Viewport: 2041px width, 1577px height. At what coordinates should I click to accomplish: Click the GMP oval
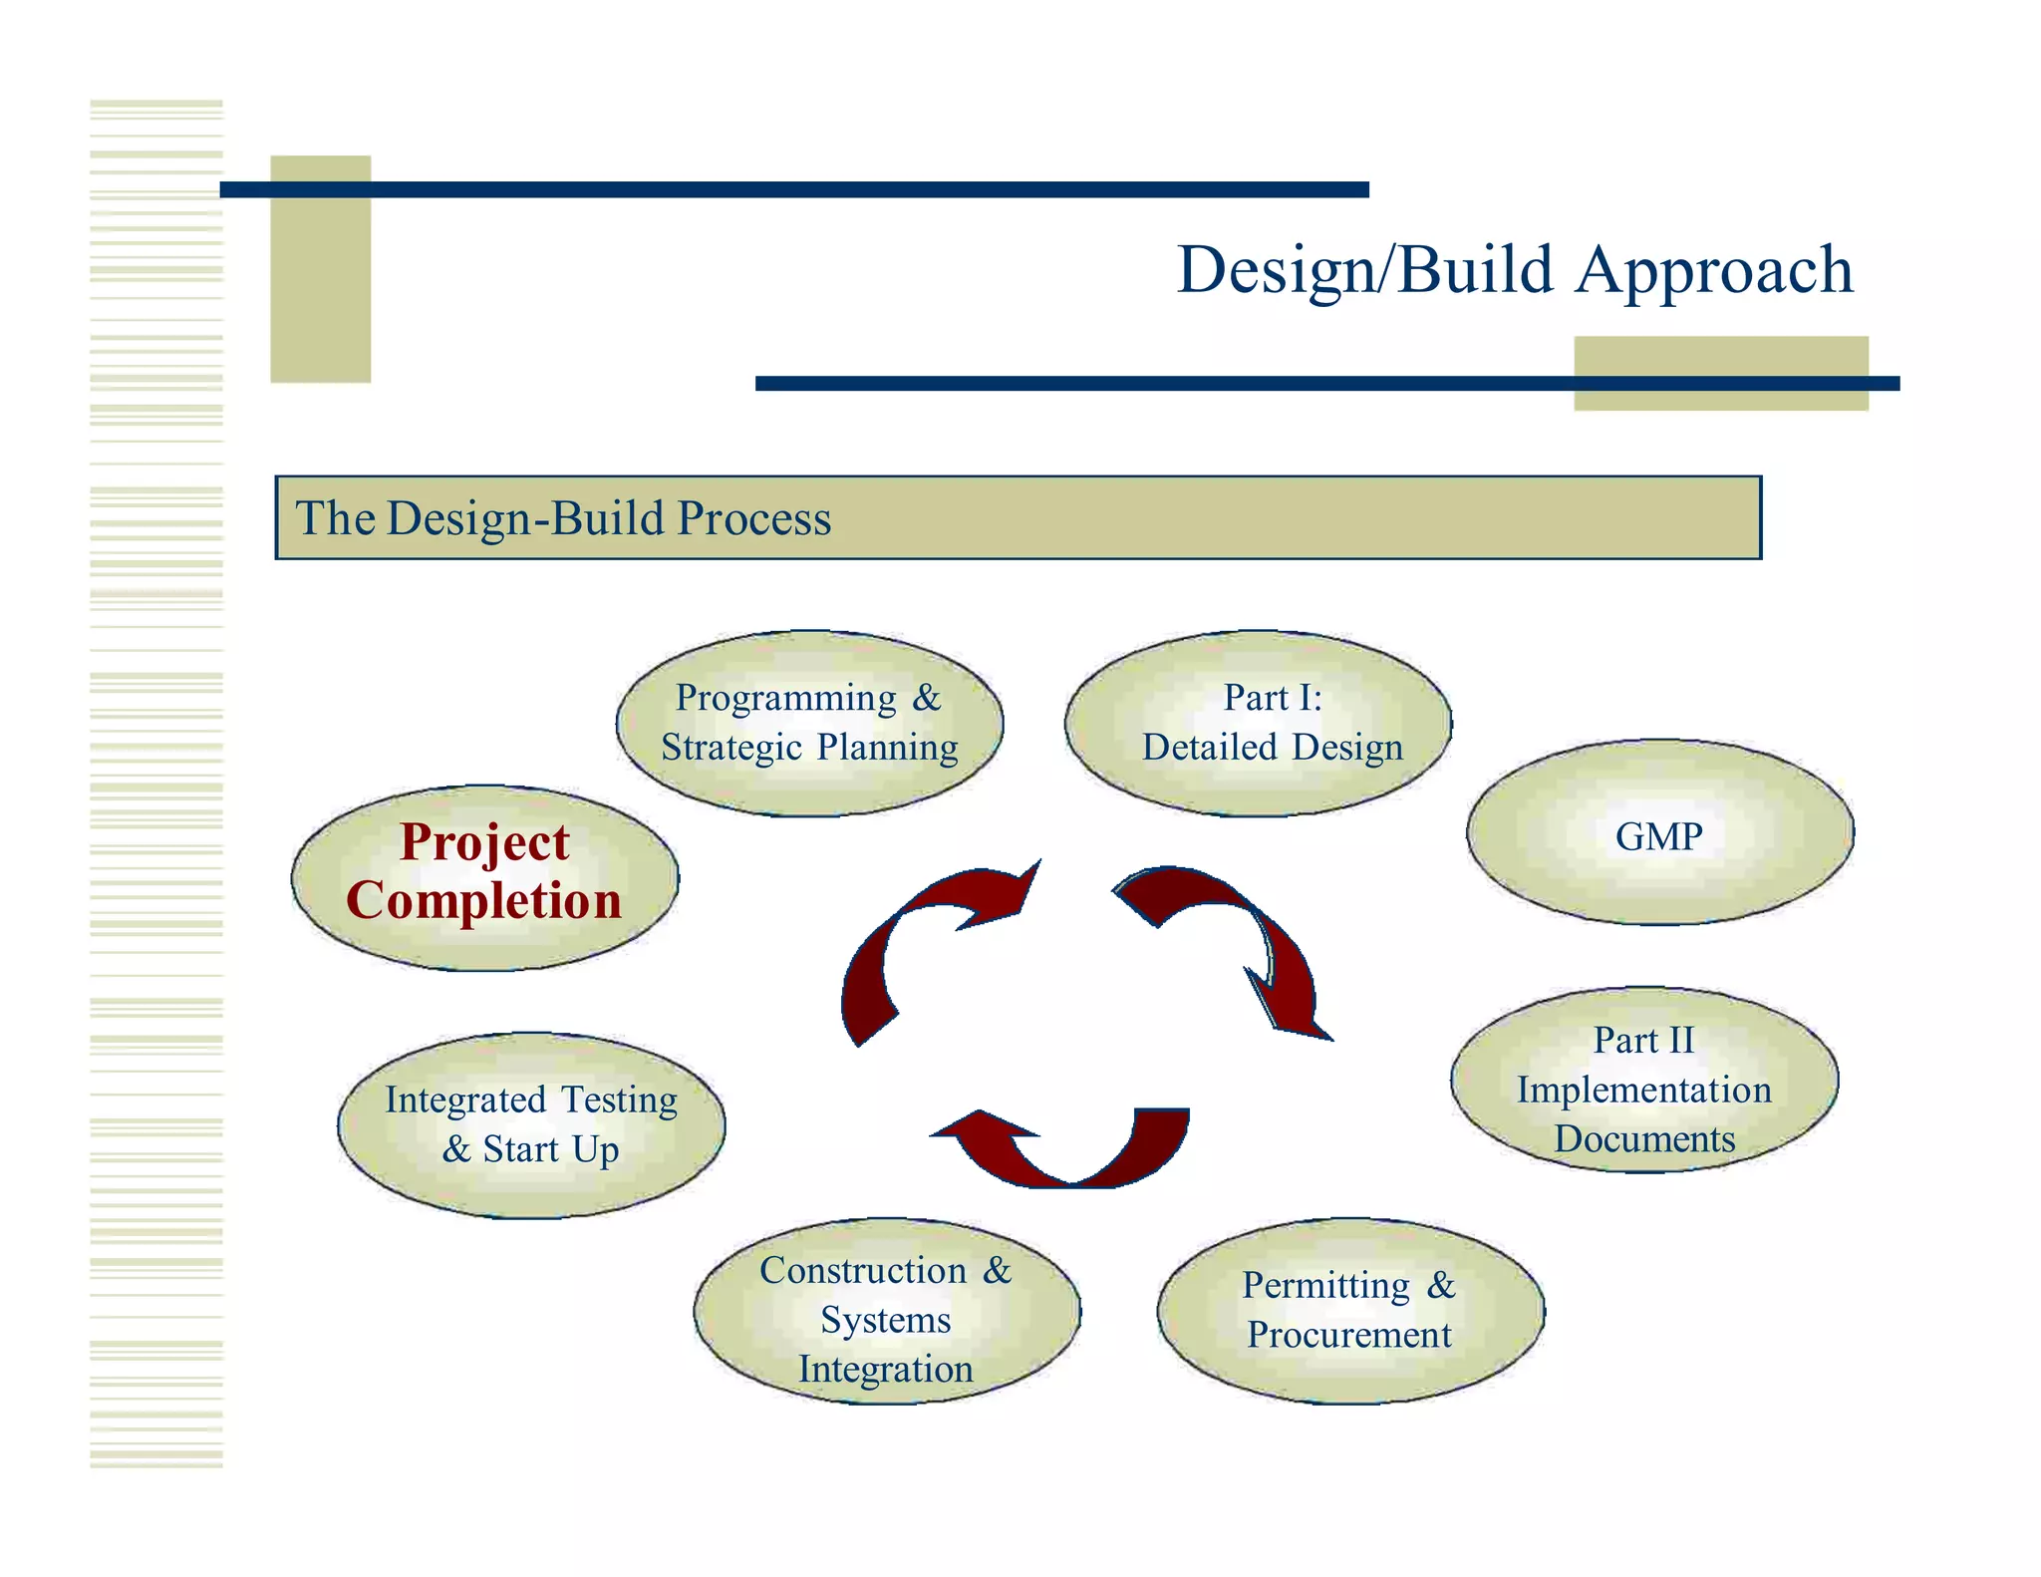click(x=1659, y=832)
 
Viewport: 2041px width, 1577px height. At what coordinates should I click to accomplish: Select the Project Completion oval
click(x=484, y=877)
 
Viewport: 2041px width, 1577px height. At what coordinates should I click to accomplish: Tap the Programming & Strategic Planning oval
click(x=809, y=723)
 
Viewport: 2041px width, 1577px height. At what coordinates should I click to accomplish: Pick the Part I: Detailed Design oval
click(x=1258, y=723)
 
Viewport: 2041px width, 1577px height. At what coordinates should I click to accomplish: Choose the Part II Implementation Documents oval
click(x=1644, y=1080)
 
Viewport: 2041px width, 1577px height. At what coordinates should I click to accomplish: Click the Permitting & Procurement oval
click(x=1350, y=1310)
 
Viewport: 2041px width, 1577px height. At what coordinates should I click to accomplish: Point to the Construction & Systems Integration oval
click(x=886, y=1310)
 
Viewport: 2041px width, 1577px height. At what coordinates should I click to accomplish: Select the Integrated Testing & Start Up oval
click(x=531, y=1124)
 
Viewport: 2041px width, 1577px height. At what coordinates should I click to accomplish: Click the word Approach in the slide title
click(x=1714, y=271)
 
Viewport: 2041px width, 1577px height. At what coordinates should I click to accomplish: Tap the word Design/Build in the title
click(x=1364, y=271)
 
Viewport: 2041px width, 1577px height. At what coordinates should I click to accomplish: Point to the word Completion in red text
click(x=484, y=900)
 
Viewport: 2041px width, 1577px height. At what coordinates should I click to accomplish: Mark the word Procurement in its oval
click(x=1349, y=1335)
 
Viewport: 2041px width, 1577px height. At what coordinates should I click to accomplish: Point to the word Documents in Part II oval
click(x=1644, y=1139)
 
